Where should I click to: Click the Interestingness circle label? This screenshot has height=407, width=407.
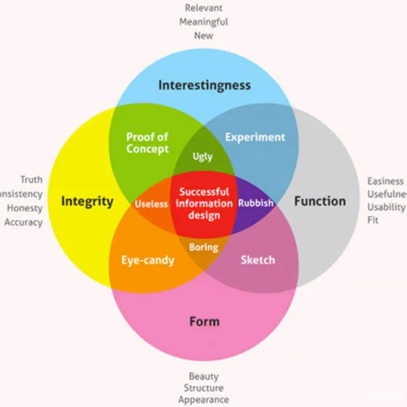tap(204, 85)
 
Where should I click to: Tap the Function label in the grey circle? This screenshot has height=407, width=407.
tap(319, 201)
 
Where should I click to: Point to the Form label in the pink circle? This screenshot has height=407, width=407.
tap(204, 322)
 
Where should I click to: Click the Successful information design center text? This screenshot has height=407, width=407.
tap(204, 203)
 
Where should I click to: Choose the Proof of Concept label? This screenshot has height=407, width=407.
tap(147, 142)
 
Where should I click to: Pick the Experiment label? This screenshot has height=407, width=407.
tap(255, 137)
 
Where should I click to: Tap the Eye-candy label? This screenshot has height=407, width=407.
tap(148, 260)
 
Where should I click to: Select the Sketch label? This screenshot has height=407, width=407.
tap(257, 260)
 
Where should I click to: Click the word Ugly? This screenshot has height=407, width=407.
tap(202, 157)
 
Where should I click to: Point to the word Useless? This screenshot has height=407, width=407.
tap(152, 203)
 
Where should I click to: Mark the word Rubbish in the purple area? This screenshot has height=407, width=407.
tap(255, 203)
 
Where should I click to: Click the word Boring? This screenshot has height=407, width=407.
tap(203, 247)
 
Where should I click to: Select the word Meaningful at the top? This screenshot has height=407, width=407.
tap(203, 22)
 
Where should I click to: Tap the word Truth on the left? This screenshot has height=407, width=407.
tap(31, 179)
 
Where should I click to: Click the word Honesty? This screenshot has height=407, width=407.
tap(24, 208)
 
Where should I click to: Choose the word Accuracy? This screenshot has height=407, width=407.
tap(24, 223)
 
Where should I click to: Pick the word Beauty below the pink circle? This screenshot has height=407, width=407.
tap(203, 377)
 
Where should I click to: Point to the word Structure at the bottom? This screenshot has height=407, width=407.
tap(203, 388)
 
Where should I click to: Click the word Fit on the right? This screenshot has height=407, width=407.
tap(373, 221)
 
